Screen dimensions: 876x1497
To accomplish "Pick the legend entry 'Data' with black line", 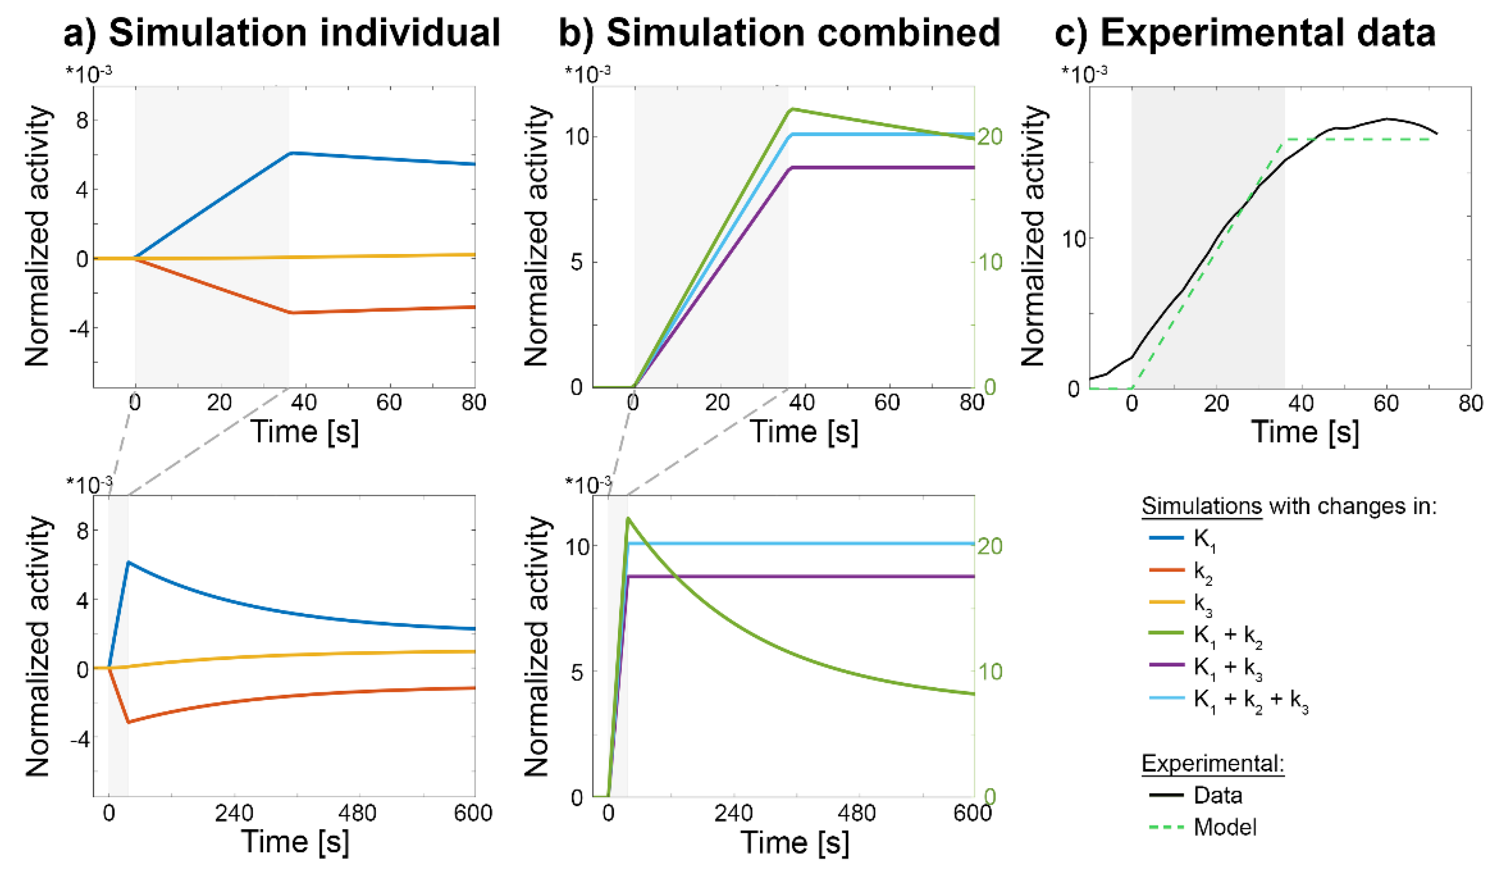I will [1218, 796].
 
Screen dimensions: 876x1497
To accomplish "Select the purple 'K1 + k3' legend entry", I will [1227, 669].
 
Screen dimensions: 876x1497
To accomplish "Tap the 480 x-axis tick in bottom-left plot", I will [359, 813].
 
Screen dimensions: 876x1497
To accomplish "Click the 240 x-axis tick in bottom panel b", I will [733, 813].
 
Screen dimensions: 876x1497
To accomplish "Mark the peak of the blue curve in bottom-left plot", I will [129, 562].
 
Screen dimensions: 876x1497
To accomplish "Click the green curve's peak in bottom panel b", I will [628, 518].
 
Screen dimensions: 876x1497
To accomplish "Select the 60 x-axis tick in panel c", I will [1386, 404].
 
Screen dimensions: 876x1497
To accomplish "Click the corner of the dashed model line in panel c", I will [1285, 139].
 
